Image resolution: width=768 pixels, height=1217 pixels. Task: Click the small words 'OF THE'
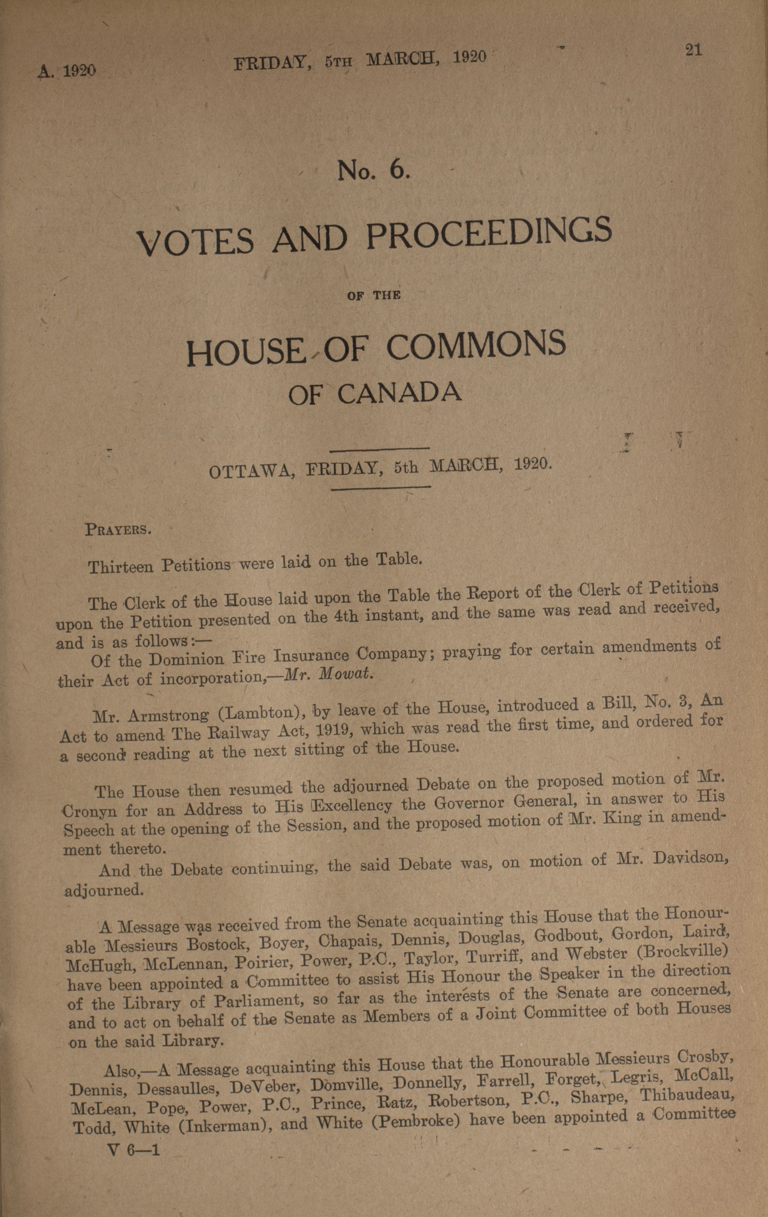pos(373,295)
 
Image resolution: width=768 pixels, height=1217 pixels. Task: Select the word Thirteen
pos(121,567)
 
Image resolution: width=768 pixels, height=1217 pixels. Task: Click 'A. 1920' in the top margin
pos(67,71)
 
